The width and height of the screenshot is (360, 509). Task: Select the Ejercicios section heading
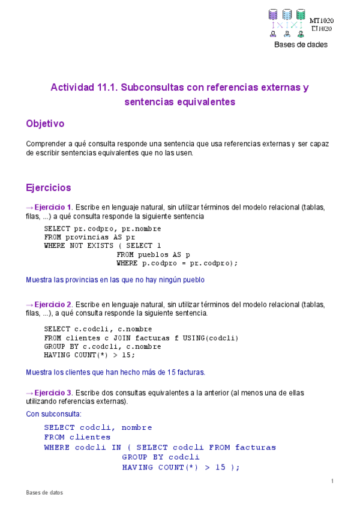(x=48, y=188)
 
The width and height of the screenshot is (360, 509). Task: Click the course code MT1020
(x=322, y=20)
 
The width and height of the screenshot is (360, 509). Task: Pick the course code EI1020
(x=322, y=28)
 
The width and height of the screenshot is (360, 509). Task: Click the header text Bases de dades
(x=301, y=45)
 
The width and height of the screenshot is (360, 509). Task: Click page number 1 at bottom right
(x=332, y=481)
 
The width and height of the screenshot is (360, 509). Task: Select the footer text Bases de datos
(x=44, y=493)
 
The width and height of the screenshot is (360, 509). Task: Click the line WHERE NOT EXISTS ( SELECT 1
(x=103, y=245)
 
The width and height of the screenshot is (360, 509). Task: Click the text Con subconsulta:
(x=54, y=414)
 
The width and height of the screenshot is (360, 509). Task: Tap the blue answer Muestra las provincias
(x=115, y=280)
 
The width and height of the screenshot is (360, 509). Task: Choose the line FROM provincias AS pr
(x=90, y=237)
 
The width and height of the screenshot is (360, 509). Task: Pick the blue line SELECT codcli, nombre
(x=98, y=428)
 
